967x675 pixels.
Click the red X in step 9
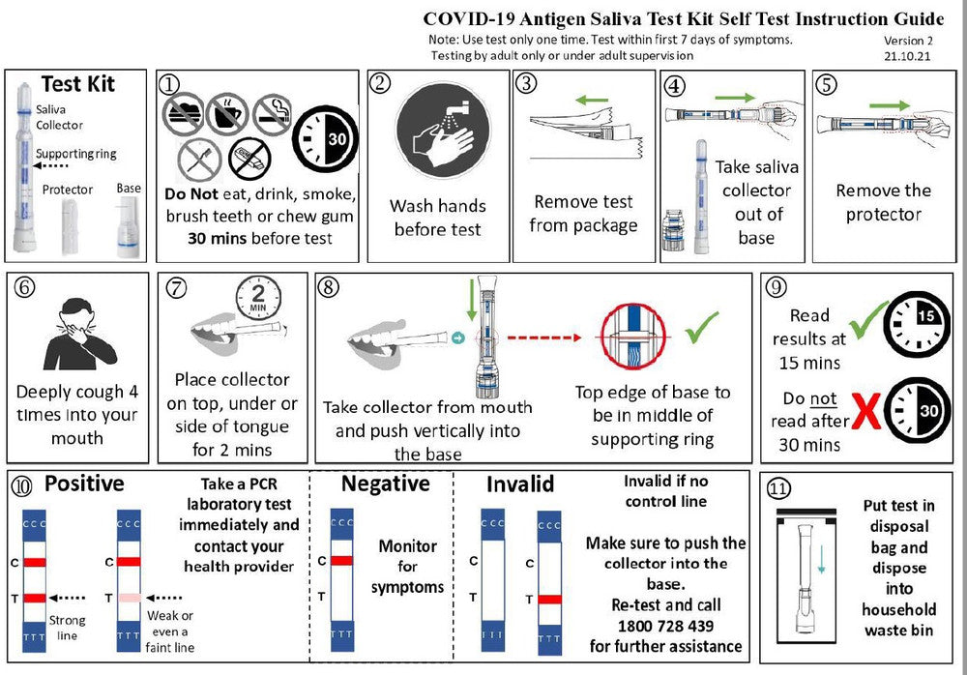[864, 411]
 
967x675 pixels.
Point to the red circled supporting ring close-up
[634, 337]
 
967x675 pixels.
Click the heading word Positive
[84, 484]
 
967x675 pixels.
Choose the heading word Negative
[385, 484]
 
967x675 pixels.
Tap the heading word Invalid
[520, 484]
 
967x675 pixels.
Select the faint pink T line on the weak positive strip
[130, 598]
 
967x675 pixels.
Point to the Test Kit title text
[77, 84]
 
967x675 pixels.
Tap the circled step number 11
[778, 488]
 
